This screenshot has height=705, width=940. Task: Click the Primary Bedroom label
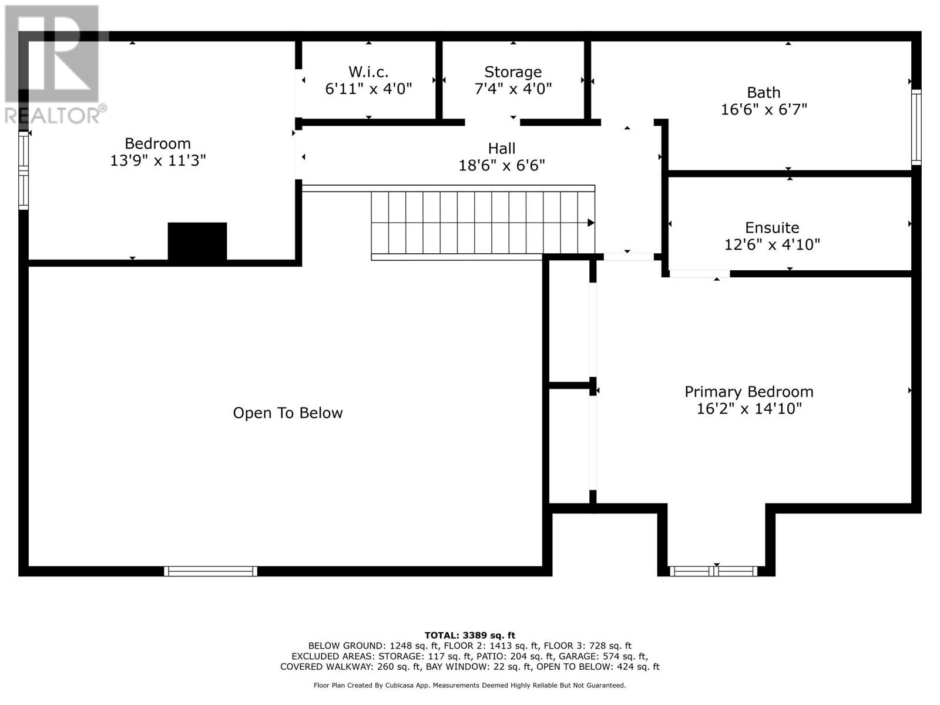pos(748,392)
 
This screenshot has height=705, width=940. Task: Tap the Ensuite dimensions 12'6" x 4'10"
pos(771,244)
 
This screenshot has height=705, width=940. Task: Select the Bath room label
pos(763,93)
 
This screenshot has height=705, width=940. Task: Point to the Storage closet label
pos(512,72)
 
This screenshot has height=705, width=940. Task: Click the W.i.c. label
pos(368,72)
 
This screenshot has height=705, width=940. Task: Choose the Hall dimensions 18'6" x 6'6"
pos(501,166)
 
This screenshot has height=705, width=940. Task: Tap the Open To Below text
pos(287,413)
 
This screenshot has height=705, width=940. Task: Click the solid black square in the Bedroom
pos(197,241)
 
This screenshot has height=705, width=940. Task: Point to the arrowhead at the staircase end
pos(591,223)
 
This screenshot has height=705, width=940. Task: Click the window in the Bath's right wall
pos(915,126)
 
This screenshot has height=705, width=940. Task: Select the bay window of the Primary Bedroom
pos(713,570)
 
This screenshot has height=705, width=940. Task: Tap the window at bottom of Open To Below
pos(210,570)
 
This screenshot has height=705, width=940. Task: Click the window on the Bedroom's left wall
pos(23,170)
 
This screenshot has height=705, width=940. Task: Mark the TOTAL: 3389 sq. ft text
pos(469,635)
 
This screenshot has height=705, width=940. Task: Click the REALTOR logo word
pos(53,115)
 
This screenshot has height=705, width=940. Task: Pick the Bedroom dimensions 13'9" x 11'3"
pos(157,160)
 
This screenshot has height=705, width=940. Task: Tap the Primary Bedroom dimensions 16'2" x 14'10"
pos(748,409)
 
